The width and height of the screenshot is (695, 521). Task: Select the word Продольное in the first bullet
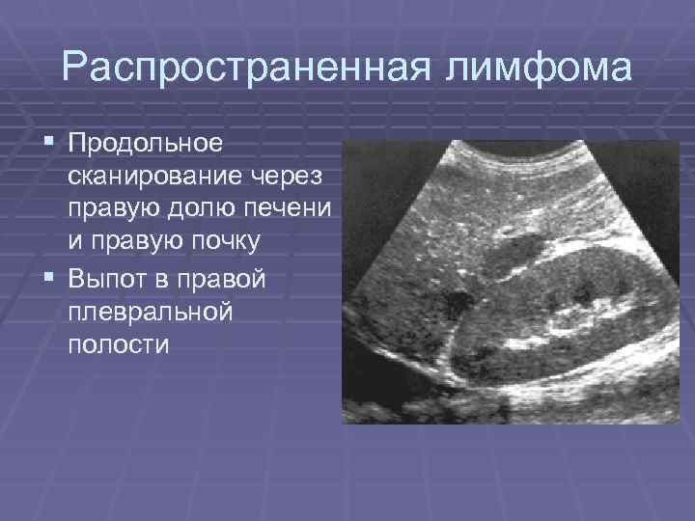pos(145,144)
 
